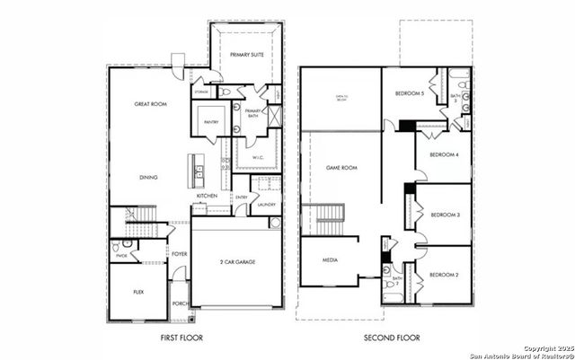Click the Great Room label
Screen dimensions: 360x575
152,105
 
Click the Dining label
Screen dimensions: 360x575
149,177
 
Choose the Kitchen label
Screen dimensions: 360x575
208,195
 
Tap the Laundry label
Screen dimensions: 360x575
266,205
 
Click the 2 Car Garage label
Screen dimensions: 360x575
237,261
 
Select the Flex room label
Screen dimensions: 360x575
139,292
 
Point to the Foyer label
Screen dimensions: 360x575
180,254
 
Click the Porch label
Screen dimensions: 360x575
180,303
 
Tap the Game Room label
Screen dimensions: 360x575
341,168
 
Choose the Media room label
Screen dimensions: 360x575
330,259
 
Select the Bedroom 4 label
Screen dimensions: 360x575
445,155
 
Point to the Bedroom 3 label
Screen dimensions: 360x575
446,215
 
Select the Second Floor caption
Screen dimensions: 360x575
392,338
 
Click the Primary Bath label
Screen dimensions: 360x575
252,116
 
